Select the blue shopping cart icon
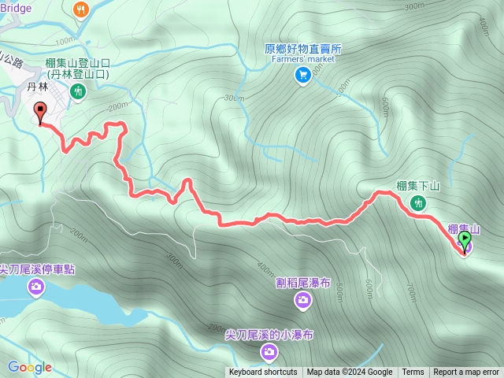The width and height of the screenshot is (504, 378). (x=302, y=75)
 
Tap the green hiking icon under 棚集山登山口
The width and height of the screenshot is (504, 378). (x=78, y=92)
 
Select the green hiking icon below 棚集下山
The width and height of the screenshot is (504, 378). (x=418, y=203)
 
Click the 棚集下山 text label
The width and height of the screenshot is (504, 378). (x=417, y=187)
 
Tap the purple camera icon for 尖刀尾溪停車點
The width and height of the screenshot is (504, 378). (x=36, y=287)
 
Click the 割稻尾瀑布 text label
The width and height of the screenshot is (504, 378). (x=304, y=280)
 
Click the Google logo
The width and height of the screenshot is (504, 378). (x=29, y=367)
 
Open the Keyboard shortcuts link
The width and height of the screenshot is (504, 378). (x=263, y=372)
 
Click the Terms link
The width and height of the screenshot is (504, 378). (x=413, y=372)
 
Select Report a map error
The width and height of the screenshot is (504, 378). (x=467, y=372)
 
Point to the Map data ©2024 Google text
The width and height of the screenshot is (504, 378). (x=350, y=372)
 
